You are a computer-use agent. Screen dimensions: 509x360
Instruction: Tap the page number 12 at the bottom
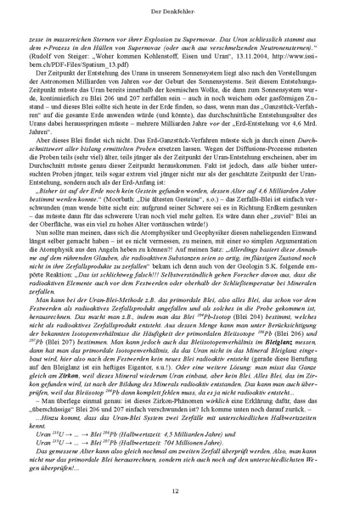click(x=180, y=489)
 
